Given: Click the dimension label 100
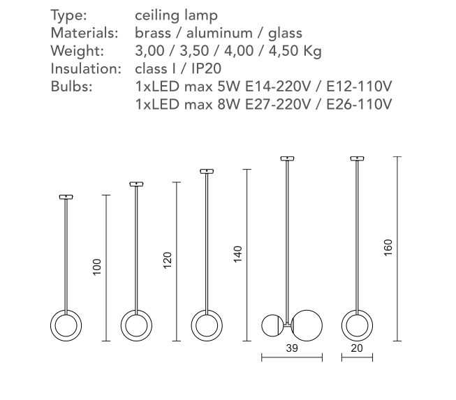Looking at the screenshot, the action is pos(97,267).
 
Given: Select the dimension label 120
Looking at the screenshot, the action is pos(168,260).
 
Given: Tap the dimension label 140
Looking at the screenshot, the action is pos(238,254).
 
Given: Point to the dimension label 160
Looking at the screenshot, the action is pos(388,248).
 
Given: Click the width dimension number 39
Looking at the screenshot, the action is pos(292,348).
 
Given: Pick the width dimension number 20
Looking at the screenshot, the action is pos(357,348).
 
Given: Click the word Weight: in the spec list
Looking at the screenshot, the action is pos(78,50).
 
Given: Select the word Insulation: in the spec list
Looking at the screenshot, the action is pos(86,68).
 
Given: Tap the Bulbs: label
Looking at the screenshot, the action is pos(71,87).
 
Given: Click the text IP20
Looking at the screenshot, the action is pos(206,68).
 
